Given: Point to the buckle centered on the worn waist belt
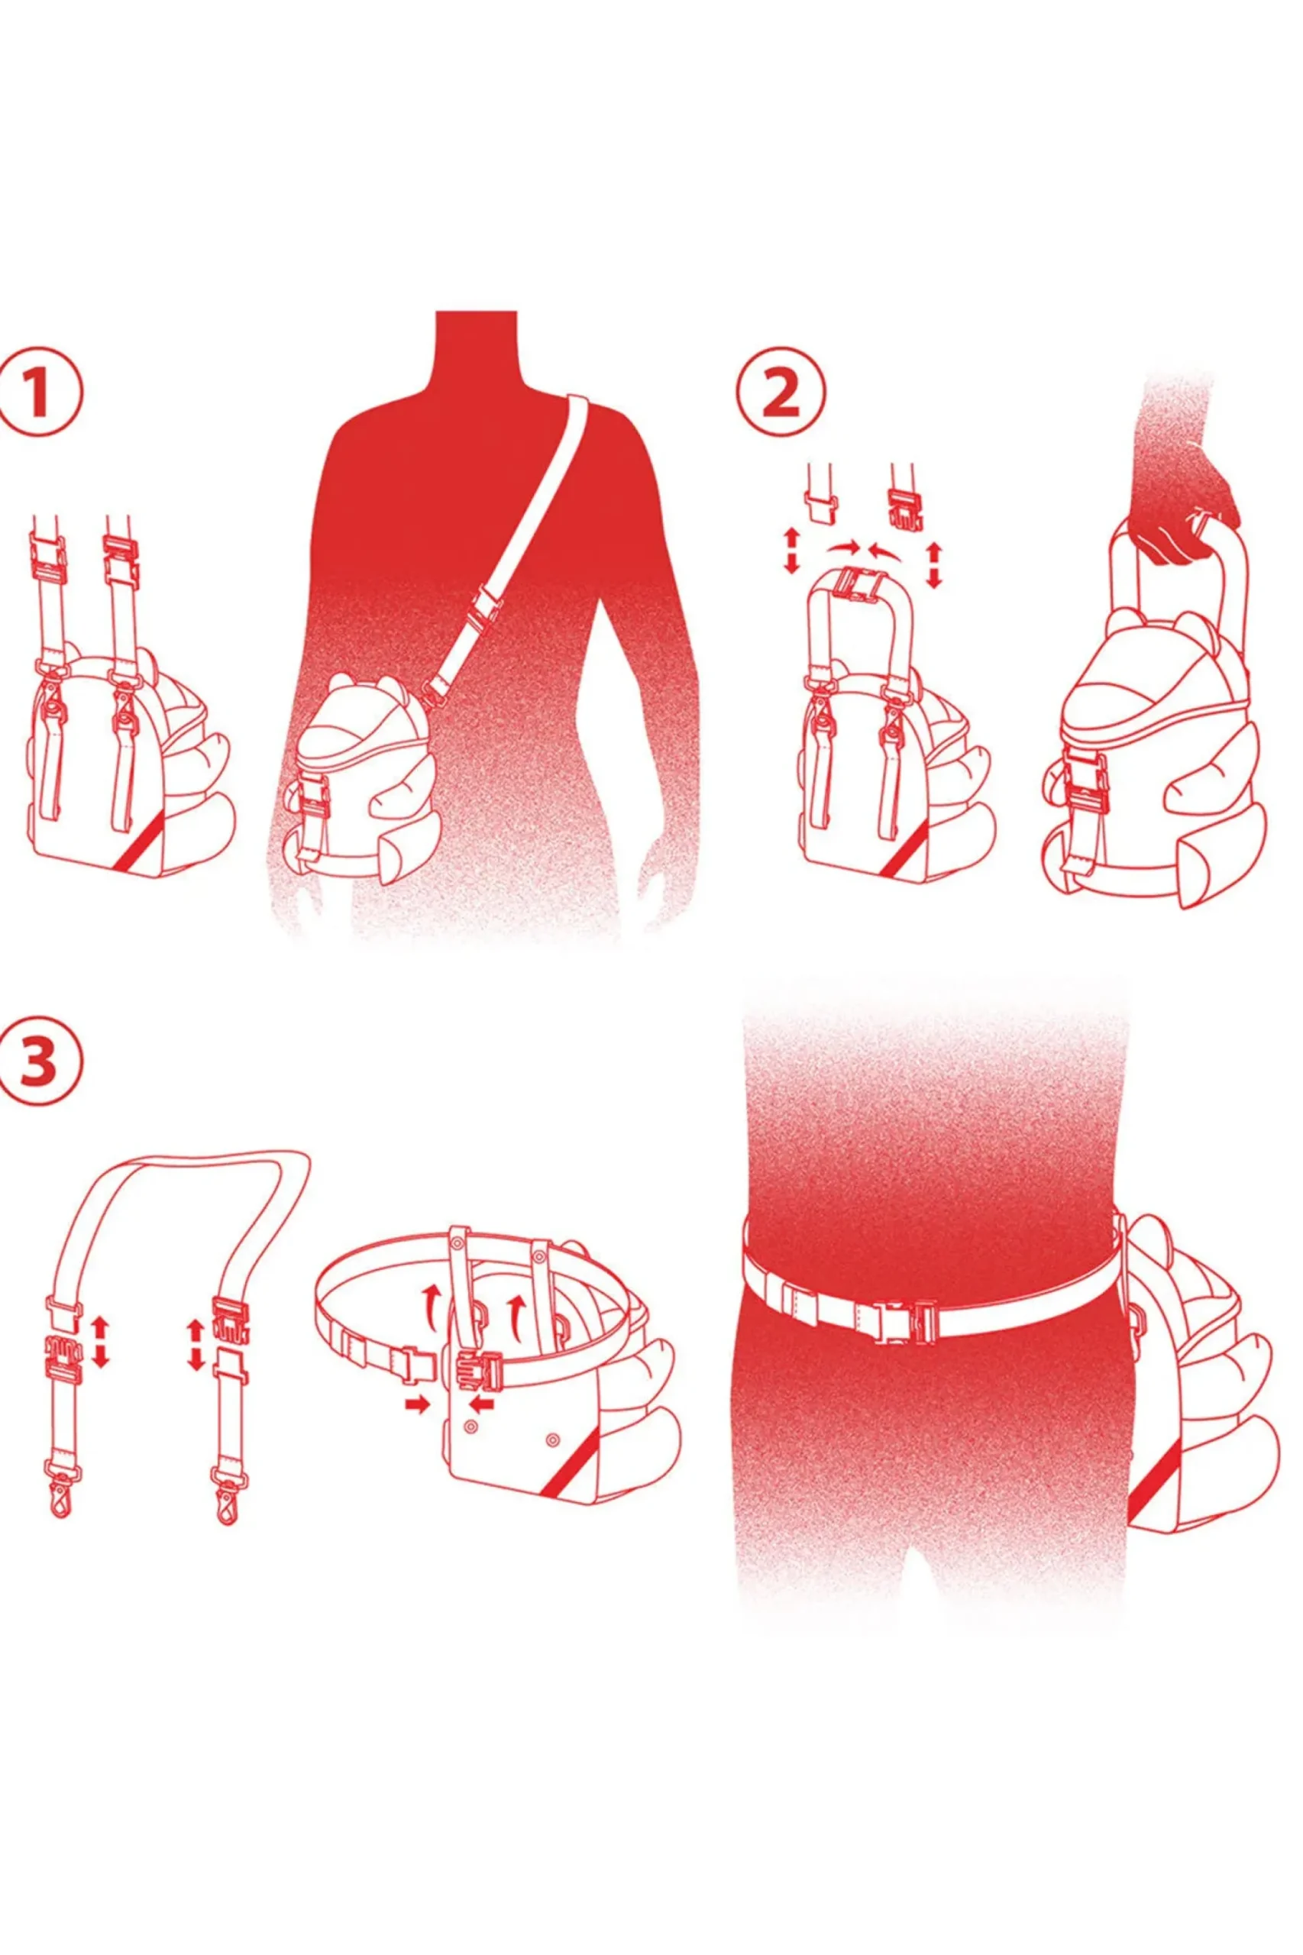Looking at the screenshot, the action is [x=899, y=1320].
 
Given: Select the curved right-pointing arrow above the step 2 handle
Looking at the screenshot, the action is [x=842, y=547].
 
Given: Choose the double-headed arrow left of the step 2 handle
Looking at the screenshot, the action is [x=791, y=551].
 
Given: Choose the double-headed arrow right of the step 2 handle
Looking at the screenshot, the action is [x=935, y=564].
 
